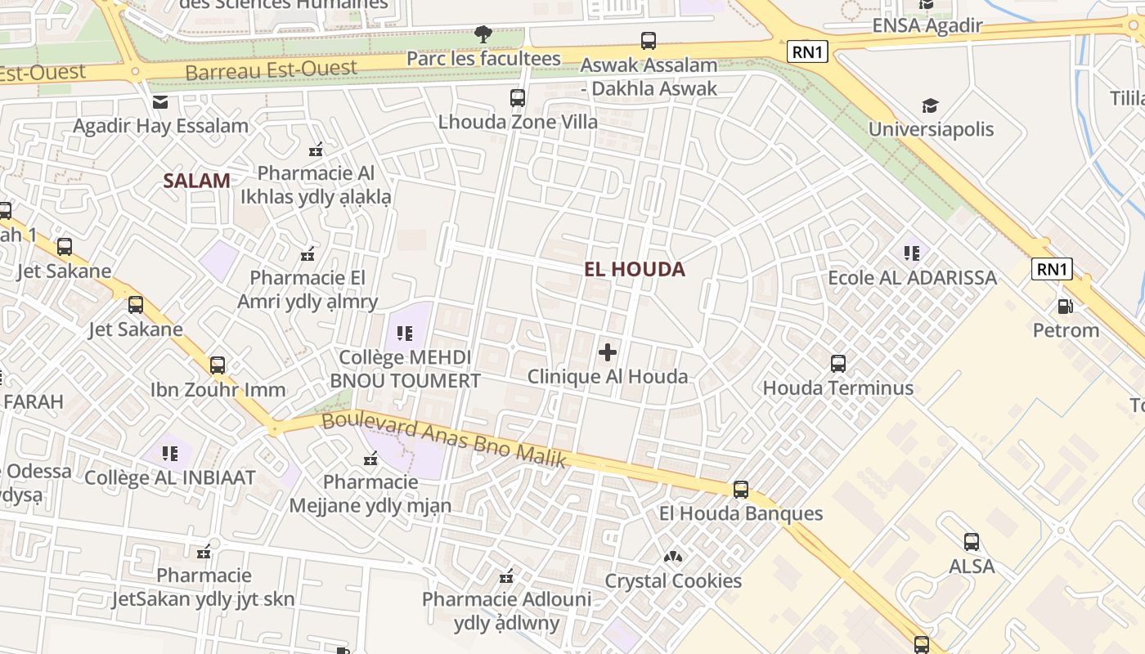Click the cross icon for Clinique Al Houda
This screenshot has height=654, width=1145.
point(608,352)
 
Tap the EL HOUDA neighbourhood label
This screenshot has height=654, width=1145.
point(635,269)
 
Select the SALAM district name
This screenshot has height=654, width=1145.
point(196,181)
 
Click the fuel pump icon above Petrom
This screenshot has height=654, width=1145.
point(1066,307)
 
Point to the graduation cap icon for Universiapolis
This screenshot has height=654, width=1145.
point(930,105)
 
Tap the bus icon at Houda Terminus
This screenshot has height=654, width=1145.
point(838,364)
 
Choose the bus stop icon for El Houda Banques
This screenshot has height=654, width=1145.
point(741,490)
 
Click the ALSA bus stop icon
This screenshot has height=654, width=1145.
point(972,542)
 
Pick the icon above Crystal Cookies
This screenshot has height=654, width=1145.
point(673,557)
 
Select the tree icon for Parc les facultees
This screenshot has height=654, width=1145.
point(483,34)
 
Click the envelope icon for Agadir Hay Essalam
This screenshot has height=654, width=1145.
point(160,102)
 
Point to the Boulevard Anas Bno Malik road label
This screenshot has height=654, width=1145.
point(444,441)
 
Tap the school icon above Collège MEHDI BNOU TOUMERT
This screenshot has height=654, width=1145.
point(405,333)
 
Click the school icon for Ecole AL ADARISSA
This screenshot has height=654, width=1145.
point(912,253)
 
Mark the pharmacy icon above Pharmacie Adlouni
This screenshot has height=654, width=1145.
point(506,576)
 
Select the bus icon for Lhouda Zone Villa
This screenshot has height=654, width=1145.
point(518,98)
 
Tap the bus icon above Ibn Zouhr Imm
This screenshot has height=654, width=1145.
point(218,365)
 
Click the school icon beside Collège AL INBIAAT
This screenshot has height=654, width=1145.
point(170,453)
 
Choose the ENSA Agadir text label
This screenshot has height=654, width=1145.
point(927,25)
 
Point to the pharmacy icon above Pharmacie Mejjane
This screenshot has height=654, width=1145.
point(370,459)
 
